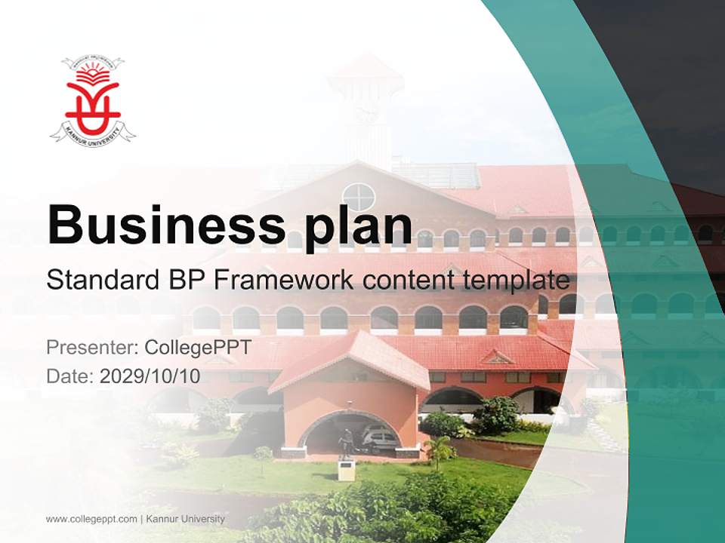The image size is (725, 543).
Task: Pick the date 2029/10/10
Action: point(150,376)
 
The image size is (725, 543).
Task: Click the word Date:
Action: point(70,376)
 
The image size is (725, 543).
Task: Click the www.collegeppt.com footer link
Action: point(91,519)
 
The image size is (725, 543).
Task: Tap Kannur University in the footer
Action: point(185,519)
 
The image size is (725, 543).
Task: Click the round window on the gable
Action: point(359,198)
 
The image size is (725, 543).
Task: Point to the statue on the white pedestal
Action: point(345,445)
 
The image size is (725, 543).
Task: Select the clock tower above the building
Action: point(366,106)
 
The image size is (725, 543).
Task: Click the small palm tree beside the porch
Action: point(440,451)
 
